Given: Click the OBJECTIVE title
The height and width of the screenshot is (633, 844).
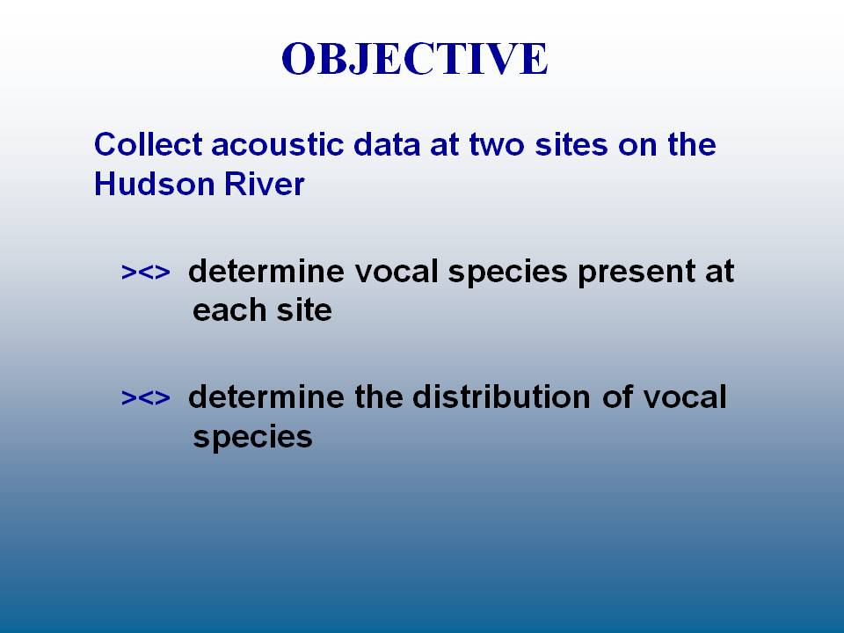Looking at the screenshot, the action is tap(415, 59).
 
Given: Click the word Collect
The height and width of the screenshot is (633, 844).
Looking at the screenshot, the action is tap(148, 144).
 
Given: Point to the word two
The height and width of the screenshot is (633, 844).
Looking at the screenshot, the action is tap(497, 145).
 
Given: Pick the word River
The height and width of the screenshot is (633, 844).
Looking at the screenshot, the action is tap(265, 184).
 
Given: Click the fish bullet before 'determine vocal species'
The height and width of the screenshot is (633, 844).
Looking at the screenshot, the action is tap(145, 272).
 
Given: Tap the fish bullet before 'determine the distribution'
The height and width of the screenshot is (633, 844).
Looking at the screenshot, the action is tap(145, 397).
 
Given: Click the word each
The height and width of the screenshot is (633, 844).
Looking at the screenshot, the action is tap(229, 310).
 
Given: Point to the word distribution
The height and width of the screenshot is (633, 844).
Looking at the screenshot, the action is tap(502, 397).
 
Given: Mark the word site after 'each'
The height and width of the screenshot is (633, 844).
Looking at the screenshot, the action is tap(305, 310).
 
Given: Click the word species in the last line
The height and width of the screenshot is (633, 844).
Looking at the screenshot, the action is tap(252, 438).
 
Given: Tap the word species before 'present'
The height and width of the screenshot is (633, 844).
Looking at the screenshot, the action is tap(507, 273).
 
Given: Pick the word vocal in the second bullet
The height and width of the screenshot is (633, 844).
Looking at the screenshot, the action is tap(685, 397).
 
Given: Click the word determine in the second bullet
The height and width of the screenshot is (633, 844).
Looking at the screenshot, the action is tap(266, 397).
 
